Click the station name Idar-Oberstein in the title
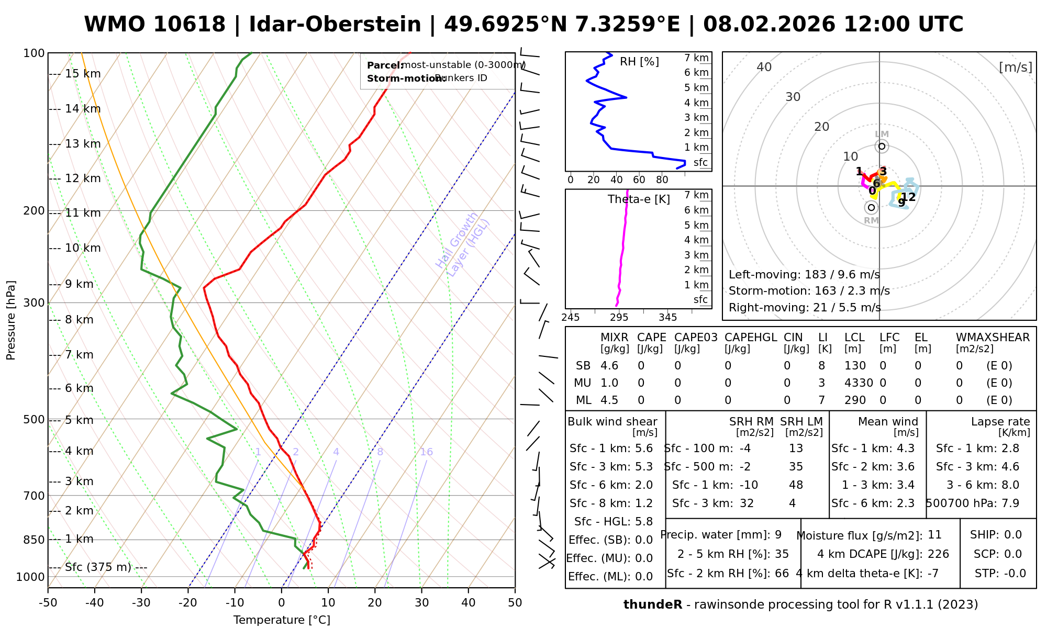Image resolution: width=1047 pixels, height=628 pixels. tap(335, 25)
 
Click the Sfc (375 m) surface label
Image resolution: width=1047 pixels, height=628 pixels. tap(98, 567)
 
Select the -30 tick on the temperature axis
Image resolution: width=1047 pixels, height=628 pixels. tap(141, 603)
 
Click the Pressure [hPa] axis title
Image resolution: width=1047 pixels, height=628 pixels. tap(11, 320)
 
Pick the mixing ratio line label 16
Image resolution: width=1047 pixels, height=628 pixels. tap(426, 452)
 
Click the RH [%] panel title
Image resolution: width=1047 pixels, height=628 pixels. tap(639, 62)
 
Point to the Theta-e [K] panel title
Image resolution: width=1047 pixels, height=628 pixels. tap(639, 199)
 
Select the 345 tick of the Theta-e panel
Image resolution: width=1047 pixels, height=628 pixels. tap(667, 318)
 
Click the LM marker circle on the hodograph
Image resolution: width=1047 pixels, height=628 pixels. tap(882, 146)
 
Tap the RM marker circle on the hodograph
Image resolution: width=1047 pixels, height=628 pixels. tap(871, 208)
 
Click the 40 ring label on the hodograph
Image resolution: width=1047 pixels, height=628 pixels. tap(764, 67)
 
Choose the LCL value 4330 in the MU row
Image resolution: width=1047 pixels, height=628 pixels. tap(859, 383)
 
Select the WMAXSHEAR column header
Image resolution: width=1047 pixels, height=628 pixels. tap(993, 338)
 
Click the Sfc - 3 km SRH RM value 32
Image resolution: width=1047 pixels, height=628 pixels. tap(747, 503)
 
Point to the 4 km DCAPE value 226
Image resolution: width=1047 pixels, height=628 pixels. tap(938, 554)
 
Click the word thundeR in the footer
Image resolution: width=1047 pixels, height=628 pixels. tap(653, 605)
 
